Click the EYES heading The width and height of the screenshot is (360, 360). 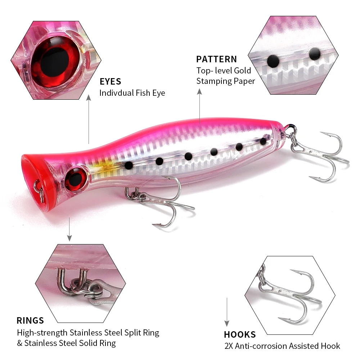tap(110, 81)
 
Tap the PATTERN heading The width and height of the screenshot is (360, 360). tap(216, 59)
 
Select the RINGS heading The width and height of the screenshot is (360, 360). tap(30, 320)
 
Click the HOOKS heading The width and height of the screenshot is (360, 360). tap(240, 334)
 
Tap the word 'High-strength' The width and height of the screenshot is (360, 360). tap(42, 332)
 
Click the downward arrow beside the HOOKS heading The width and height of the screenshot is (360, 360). tap(227, 312)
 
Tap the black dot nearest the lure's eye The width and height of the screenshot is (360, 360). tap(128, 165)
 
